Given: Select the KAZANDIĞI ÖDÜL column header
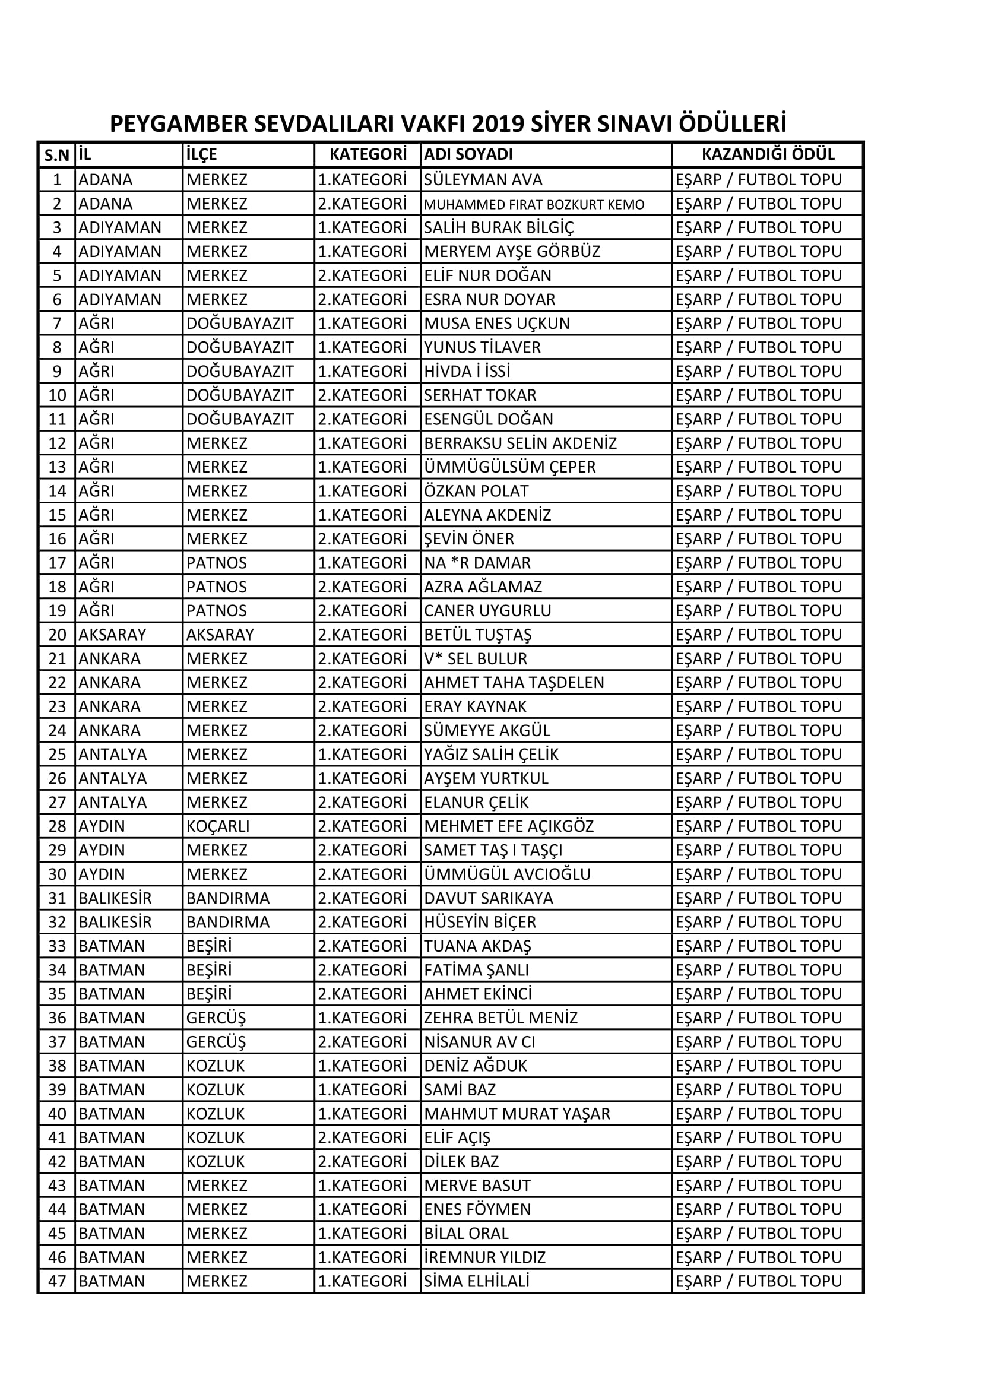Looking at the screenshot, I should pos(767,154).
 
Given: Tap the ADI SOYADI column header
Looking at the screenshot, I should pos(468,154).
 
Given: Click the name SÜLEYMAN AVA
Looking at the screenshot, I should pos(483,179).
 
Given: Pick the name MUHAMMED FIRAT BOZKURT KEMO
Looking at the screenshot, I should pos(534,204).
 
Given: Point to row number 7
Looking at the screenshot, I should pos(57,324).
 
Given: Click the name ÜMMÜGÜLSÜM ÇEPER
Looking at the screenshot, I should pos(510,467).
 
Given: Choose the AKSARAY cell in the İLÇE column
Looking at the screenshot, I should pos(220,635).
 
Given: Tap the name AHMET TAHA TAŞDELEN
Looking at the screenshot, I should pos(514,683).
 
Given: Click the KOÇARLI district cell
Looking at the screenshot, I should pos(218,826).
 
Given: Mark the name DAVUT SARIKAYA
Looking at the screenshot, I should pos(489,898).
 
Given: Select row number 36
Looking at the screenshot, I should pos(57,1018).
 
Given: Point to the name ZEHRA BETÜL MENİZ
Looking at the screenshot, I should pos(500,1018).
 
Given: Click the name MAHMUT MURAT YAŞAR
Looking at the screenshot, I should pos(517,1114).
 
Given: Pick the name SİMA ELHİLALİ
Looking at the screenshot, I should pos(477,1281).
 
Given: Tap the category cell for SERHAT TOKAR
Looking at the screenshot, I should pos(362,395).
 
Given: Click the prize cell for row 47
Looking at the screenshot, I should pos(758,1281).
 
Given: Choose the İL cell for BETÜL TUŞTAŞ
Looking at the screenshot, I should pos(112,635).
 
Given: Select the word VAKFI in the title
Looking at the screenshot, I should pos(433,124).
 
